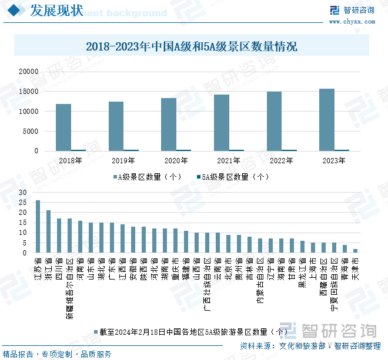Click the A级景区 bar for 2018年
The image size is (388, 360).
63,127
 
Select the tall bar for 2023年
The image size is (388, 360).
326,120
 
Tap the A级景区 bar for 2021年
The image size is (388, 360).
221,123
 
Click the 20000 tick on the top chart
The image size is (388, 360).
29,71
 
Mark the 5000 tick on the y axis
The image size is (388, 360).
31,131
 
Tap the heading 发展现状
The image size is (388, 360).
56,10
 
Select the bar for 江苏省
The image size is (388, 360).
38,226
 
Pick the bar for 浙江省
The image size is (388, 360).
49,231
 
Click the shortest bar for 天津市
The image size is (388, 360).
355,251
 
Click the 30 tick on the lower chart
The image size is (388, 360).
22,192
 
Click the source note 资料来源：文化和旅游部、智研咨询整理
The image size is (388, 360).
311,346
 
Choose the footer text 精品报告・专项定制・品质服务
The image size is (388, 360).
57,354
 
